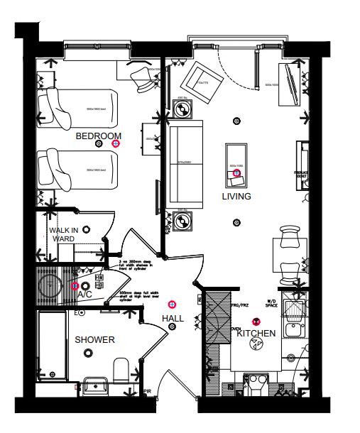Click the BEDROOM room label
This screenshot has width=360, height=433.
98,136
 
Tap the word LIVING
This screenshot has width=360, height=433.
236,196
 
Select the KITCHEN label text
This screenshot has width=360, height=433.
256,333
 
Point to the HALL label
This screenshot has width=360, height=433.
173,319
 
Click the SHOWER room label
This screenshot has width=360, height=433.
94,340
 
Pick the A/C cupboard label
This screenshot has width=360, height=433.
84,294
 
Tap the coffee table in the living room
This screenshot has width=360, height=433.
236,165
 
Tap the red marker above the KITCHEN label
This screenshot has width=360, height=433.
256,322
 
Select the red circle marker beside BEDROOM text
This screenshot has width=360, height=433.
116,143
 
